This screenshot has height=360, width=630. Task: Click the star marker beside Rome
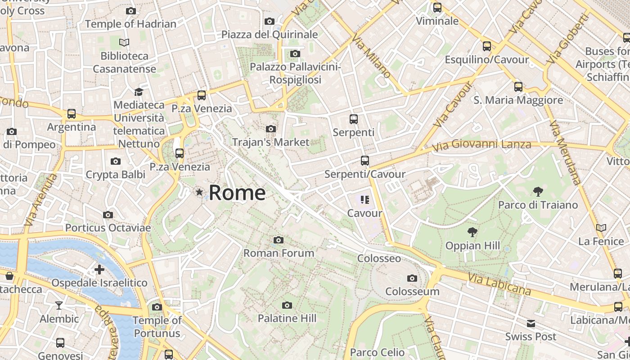tap(199, 193)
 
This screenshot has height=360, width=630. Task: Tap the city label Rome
tap(237, 193)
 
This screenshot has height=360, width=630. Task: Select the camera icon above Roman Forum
tap(279, 240)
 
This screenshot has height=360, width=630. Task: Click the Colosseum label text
tap(412, 291)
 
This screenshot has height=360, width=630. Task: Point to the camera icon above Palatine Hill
tap(287, 305)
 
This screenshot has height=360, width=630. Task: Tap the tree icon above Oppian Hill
tap(472, 232)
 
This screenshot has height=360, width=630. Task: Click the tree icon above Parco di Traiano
tap(537, 192)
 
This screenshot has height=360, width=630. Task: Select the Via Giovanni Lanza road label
tap(481, 145)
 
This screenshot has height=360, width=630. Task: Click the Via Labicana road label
tap(499, 284)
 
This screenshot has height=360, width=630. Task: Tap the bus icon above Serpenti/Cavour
tap(364, 161)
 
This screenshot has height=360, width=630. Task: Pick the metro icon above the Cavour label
tap(364, 199)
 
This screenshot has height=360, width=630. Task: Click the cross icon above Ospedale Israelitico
tap(99, 270)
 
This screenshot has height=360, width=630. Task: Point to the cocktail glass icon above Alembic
tap(59, 306)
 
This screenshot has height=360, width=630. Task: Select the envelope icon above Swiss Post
tap(531, 323)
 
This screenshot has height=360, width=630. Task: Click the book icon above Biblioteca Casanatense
tap(124, 42)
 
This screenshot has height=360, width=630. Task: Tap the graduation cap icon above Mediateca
tap(139, 92)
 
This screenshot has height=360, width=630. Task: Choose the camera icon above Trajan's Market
tap(270, 129)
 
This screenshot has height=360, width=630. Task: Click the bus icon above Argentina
tap(71, 114)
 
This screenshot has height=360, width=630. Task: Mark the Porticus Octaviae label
tap(108, 228)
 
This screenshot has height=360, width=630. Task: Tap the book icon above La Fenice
tap(601, 228)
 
